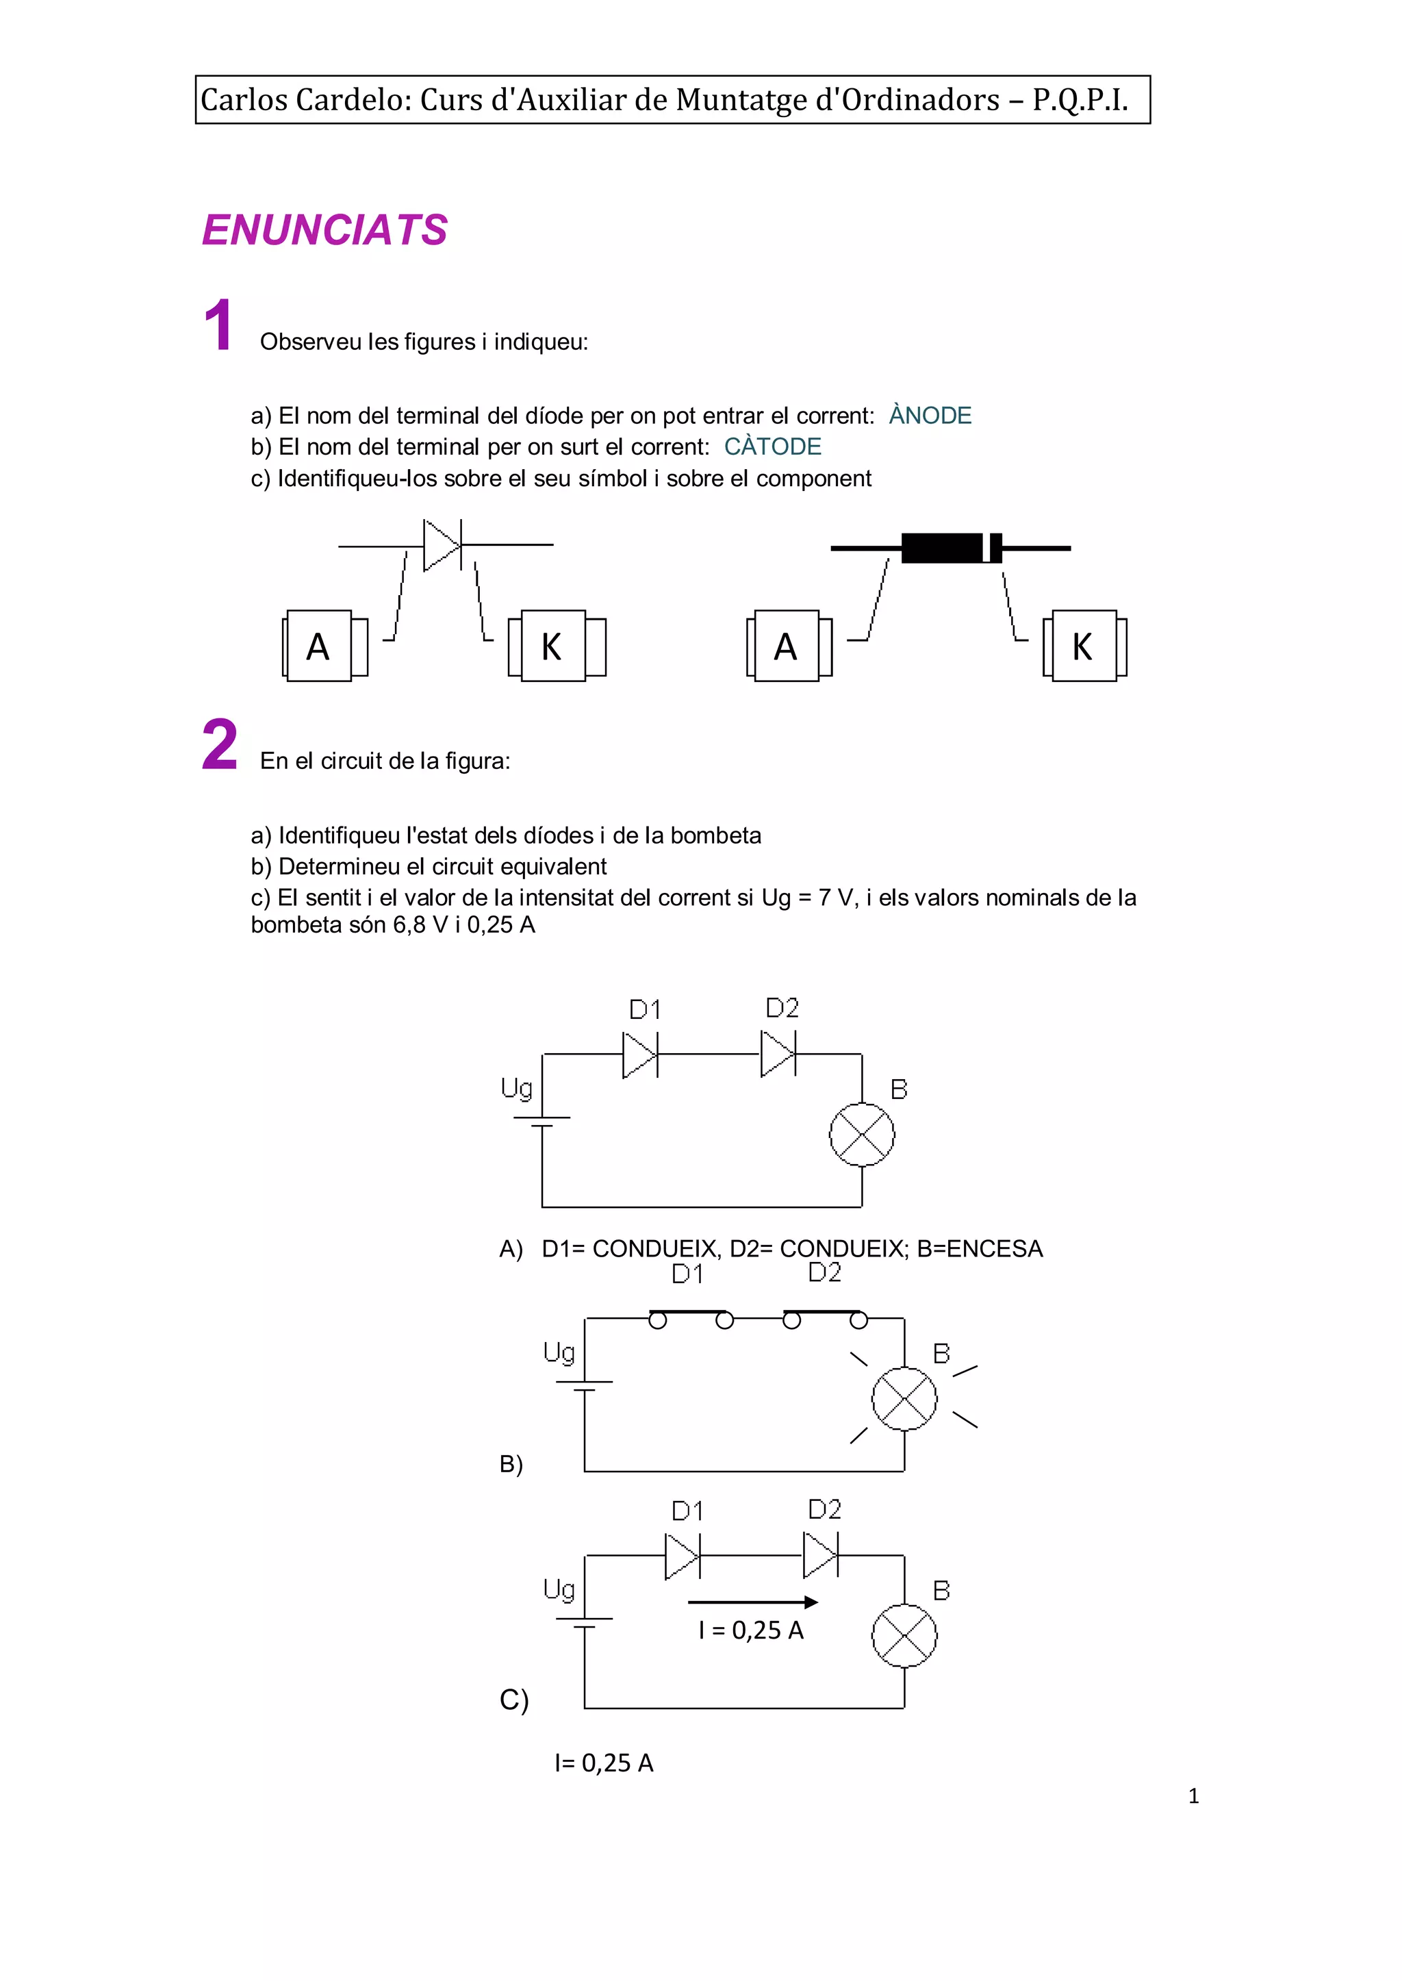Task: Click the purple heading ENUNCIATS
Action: pyautogui.click(x=324, y=231)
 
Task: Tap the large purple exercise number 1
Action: pyautogui.click(x=218, y=325)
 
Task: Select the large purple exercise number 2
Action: pyautogui.click(x=219, y=744)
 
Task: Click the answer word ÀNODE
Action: pyautogui.click(x=930, y=416)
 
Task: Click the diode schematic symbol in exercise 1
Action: pyautogui.click(x=443, y=545)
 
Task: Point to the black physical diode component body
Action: pyautogui.click(x=949, y=548)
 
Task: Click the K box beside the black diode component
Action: pyautogui.click(x=1084, y=646)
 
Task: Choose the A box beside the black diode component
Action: pyautogui.click(x=787, y=646)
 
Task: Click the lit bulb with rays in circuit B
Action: pyautogui.click(x=904, y=1398)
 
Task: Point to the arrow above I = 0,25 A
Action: pyautogui.click(x=753, y=1602)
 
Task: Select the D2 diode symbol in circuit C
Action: pyautogui.click(x=819, y=1555)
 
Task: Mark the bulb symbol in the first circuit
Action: pyautogui.click(x=862, y=1134)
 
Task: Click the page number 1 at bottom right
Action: pyautogui.click(x=1193, y=1796)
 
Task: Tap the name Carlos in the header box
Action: pyautogui.click(x=244, y=100)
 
